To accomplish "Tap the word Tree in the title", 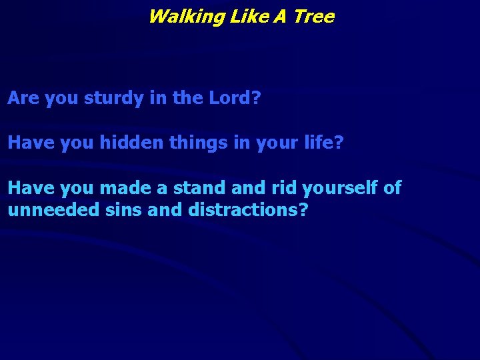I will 313,17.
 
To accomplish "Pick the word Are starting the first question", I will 23,99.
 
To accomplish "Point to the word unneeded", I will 53,210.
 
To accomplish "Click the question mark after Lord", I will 257,99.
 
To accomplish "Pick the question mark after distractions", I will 303,210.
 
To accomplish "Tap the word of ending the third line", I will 393,188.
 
